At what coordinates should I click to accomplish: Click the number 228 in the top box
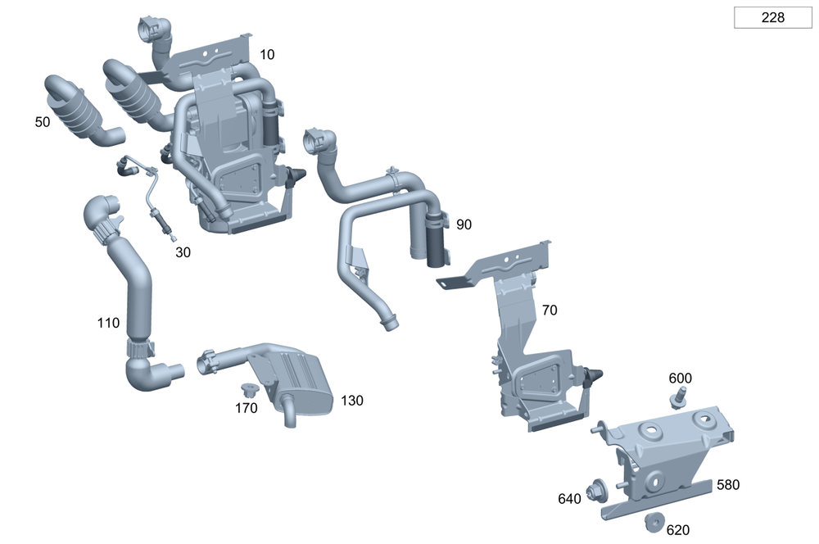(772, 17)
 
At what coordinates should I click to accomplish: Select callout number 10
(267, 55)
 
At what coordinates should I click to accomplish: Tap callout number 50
(43, 122)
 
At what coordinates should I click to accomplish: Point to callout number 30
(183, 252)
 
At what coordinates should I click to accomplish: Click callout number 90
(464, 224)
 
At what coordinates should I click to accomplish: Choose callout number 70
(550, 311)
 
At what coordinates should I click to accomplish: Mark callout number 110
(108, 323)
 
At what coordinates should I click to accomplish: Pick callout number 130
(352, 401)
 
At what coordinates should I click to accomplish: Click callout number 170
(247, 407)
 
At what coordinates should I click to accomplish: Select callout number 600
(680, 378)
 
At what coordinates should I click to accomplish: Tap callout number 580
(727, 484)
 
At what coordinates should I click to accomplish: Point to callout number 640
(569, 499)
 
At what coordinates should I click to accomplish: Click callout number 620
(677, 530)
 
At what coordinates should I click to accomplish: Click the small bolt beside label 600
(678, 399)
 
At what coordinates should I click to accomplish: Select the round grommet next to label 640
(595, 489)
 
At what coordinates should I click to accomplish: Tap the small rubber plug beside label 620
(654, 521)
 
